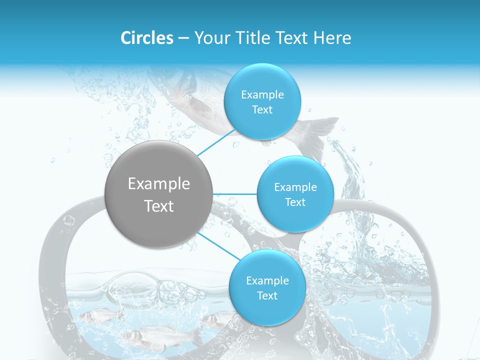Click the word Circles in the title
pos(147,38)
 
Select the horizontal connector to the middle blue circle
pos(235,193)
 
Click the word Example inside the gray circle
pos(159,184)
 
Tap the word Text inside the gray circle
pos(159,206)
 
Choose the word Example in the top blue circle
pos(262,95)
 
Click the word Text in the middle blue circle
pos(295,202)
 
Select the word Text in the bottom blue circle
pos(267,296)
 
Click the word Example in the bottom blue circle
pos(267,281)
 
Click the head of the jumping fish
pos(182,82)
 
